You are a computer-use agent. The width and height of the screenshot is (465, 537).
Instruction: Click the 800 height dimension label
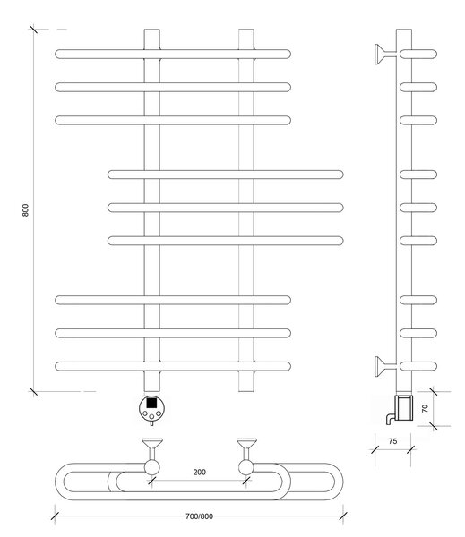click(25, 210)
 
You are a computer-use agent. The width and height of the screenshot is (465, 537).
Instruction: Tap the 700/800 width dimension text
click(199, 516)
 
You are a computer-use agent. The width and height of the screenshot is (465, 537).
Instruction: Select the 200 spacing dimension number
click(199, 472)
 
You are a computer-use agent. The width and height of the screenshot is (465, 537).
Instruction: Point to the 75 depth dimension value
click(393, 441)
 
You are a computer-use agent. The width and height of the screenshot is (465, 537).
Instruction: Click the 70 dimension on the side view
click(425, 408)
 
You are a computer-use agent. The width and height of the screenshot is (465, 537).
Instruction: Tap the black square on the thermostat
click(151, 403)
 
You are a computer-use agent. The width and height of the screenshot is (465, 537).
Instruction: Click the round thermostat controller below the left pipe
click(152, 409)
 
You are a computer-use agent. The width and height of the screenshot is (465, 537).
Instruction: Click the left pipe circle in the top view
click(152, 467)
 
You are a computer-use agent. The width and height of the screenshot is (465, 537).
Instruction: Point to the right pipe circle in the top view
click(245, 467)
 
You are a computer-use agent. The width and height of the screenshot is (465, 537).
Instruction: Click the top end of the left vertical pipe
click(152, 30)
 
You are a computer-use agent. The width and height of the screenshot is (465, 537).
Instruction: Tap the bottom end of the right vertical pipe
click(246, 391)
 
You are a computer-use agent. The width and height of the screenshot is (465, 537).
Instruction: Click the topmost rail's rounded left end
click(57, 54)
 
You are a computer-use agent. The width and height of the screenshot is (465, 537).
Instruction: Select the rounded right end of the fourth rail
click(340, 175)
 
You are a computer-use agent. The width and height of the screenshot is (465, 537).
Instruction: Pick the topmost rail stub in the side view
click(418, 54)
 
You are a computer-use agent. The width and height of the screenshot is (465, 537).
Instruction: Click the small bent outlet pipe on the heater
click(390, 419)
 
